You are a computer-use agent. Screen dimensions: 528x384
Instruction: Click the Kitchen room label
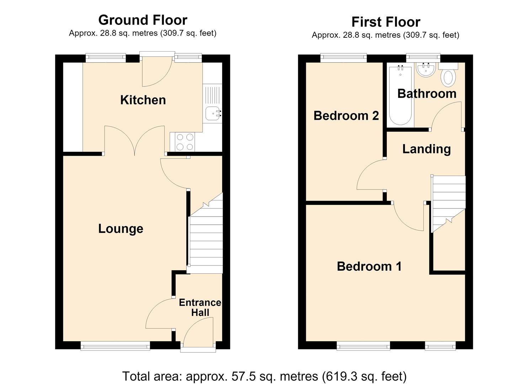tap(143, 100)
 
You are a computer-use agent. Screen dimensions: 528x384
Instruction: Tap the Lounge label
tap(121, 229)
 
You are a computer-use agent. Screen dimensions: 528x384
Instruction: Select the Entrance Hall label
tap(200, 308)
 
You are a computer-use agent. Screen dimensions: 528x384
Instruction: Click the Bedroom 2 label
tap(346, 116)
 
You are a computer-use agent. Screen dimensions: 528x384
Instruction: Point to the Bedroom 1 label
tap(369, 266)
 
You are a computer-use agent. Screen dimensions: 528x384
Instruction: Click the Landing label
tap(426, 149)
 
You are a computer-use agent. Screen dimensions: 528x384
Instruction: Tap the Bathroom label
tap(427, 94)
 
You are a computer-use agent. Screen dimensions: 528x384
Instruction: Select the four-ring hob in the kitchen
tap(185, 142)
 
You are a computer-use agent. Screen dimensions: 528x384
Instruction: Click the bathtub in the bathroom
tap(400, 96)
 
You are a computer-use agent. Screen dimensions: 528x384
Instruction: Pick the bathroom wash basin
tap(426, 70)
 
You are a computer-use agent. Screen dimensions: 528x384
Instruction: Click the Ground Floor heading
tap(143, 20)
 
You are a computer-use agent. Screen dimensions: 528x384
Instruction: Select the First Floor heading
tap(386, 22)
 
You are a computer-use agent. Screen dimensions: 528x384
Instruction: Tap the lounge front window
tap(115, 346)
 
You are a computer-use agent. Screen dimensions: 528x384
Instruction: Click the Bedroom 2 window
tap(343, 58)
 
